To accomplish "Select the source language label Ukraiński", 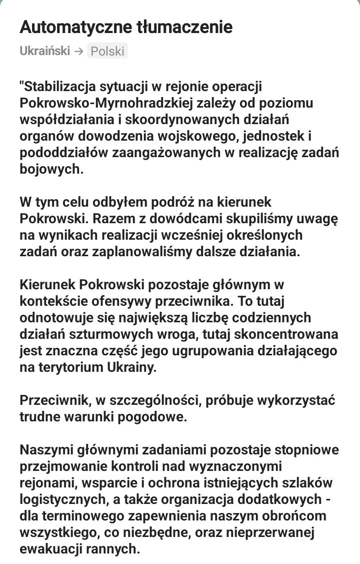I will [x=44, y=51].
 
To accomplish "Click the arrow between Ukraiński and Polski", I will [x=78, y=51].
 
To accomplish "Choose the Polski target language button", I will [x=107, y=51].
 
